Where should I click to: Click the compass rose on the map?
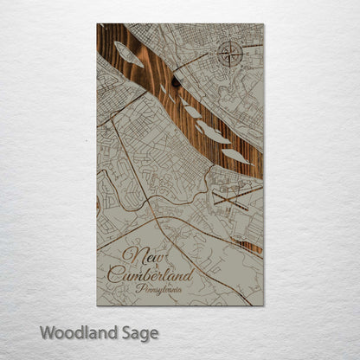pos(230,55)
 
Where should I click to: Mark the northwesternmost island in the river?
pos(128,56)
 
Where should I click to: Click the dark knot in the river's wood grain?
pos(177,83)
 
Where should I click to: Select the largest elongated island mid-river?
pos(212,132)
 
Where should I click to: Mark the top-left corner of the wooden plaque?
pos(98,24)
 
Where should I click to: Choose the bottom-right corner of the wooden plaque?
pos(263,305)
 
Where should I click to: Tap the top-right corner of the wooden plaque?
pos(263,24)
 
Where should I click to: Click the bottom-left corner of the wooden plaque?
pos(98,305)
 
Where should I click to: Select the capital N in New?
pos(129,254)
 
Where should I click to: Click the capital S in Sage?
pos(130,332)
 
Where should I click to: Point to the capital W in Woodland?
pos(48,332)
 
